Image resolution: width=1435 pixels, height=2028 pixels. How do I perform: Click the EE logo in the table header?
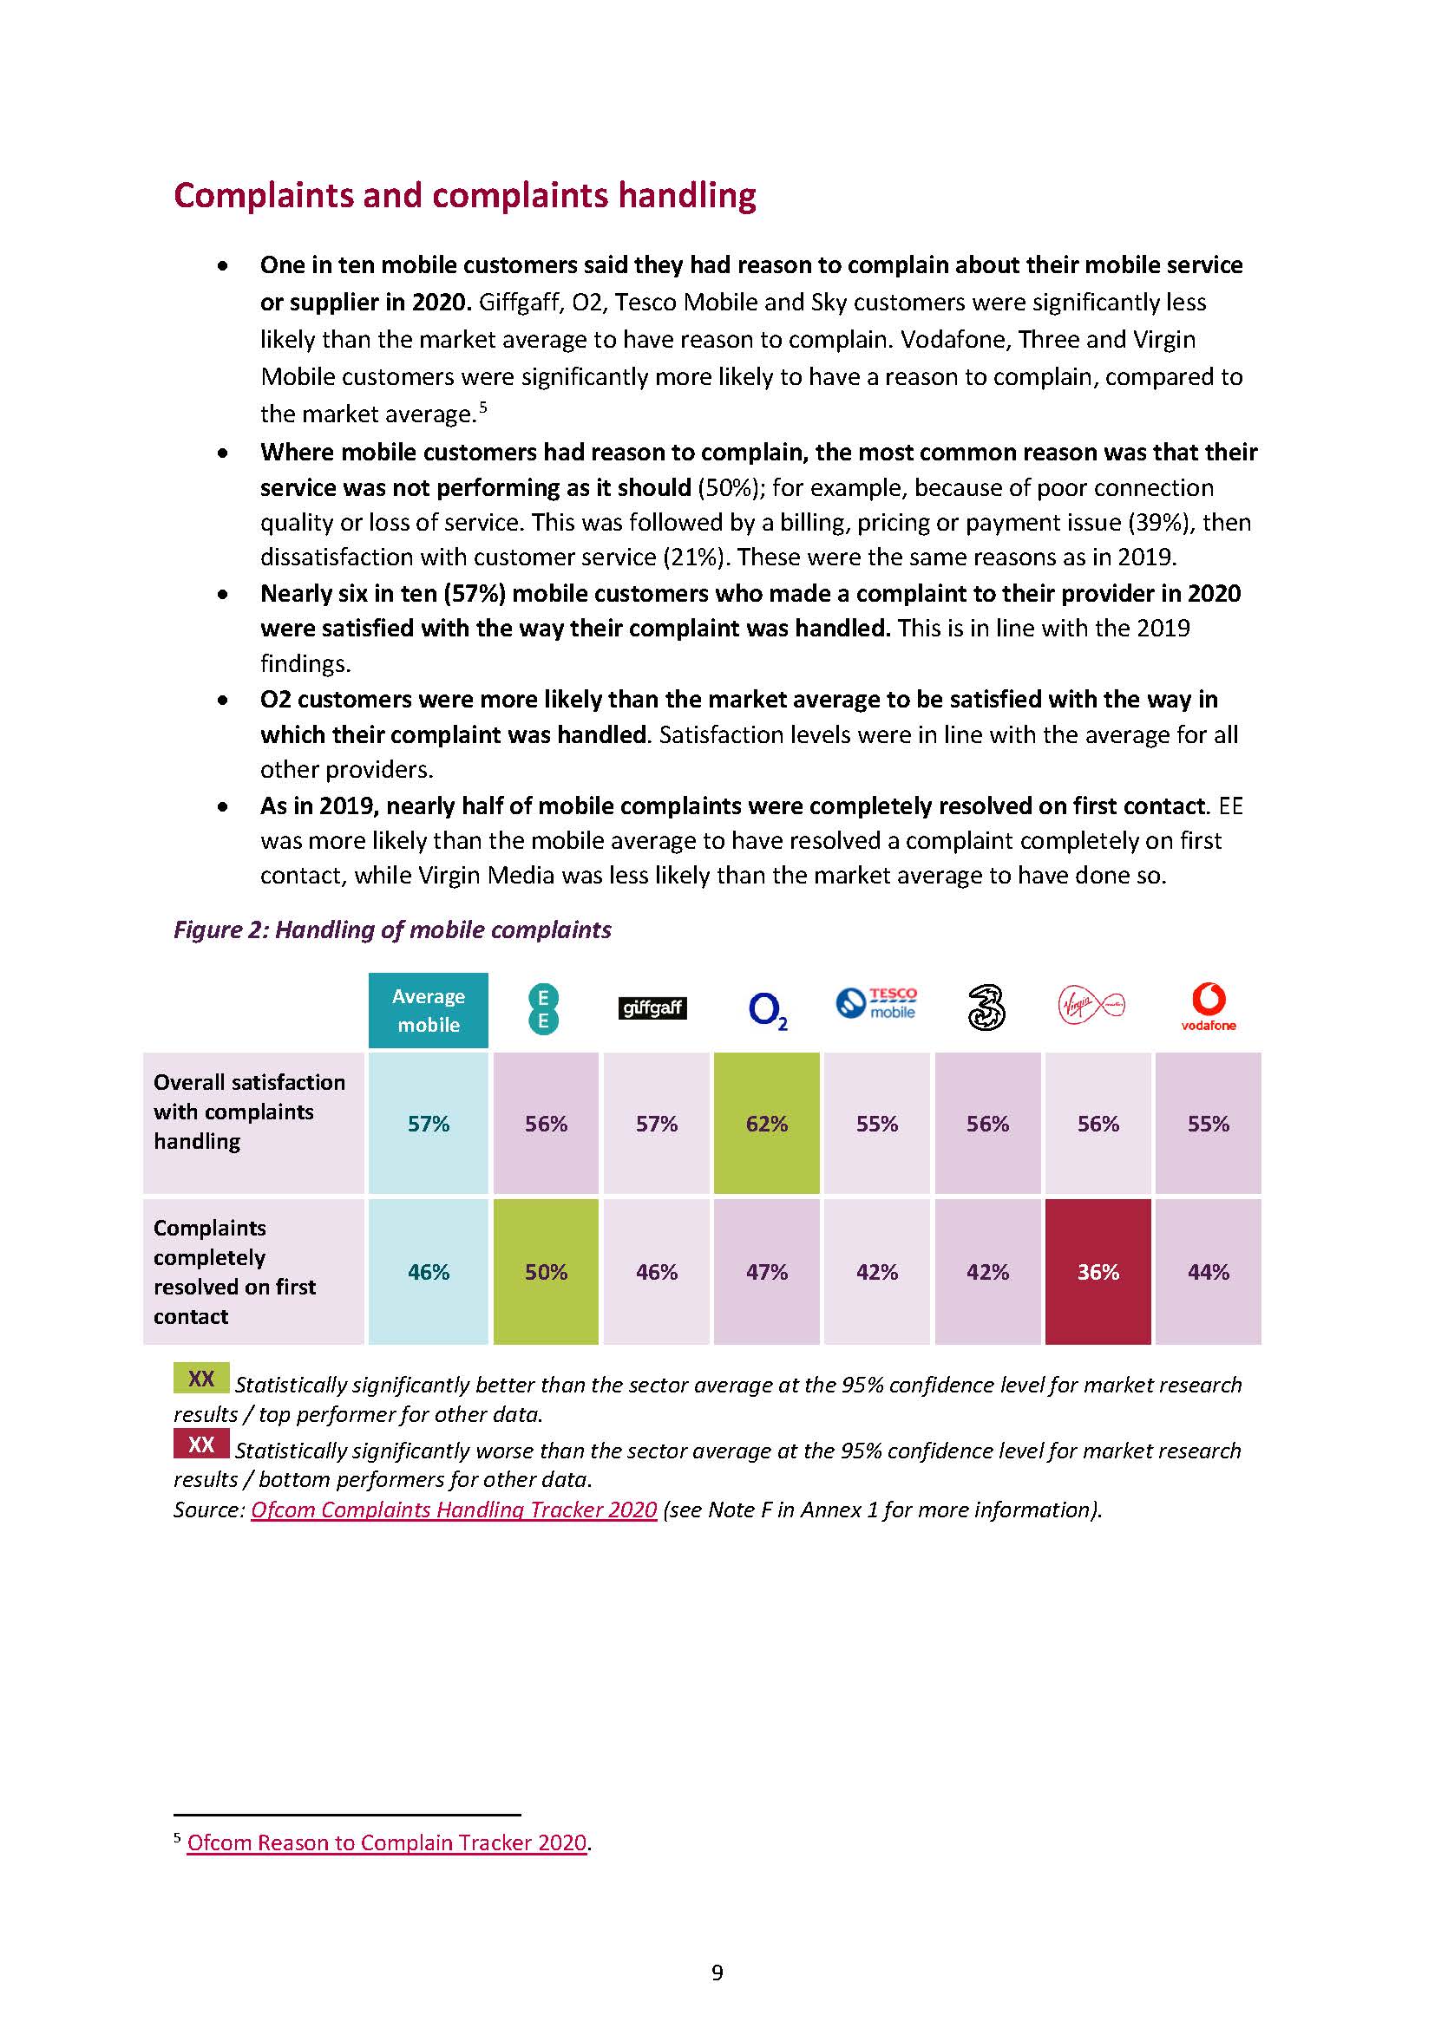(x=543, y=1009)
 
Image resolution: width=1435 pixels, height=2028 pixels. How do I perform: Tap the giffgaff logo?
(x=652, y=1007)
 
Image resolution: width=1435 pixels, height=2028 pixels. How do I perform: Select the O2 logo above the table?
(x=767, y=1009)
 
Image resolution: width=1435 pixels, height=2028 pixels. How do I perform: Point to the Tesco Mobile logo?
(x=876, y=1003)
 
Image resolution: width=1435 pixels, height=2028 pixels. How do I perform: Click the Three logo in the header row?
(x=986, y=1008)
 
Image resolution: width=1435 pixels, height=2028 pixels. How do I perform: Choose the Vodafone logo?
(x=1208, y=1007)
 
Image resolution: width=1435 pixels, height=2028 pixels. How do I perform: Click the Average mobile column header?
(x=429, y=1009)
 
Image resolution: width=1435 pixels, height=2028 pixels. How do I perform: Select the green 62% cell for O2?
(x=766, y=1124)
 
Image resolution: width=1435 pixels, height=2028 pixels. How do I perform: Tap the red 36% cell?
(x=1098, y=1272)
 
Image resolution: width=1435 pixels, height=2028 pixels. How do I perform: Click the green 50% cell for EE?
(x=546, y=1272)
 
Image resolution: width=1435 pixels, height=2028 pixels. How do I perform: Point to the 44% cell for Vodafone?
(x=1208, y=1272)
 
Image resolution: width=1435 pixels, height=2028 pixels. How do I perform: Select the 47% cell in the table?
(x=766, y=1272)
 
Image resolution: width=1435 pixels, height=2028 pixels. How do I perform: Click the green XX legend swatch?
(x=201, y=1379)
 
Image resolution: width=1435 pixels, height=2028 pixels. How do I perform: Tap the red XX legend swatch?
(x=201, y=1444)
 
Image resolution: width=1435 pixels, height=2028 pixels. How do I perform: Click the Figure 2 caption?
(x=392, y=929)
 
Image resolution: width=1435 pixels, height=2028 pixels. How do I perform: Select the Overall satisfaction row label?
(x=249, y=1112)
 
